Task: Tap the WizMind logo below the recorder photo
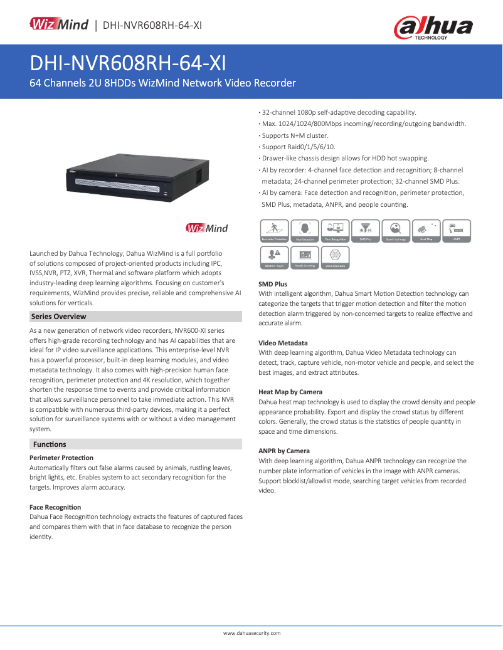206,228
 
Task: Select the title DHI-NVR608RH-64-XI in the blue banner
128,63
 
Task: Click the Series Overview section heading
58,317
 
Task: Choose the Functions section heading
50,444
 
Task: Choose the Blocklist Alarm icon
274,257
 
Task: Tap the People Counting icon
305,257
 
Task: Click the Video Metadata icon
336,257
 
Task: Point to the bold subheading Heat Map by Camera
290,392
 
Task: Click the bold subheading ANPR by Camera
284,451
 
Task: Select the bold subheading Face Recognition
55,507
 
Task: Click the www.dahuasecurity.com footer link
252,634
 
